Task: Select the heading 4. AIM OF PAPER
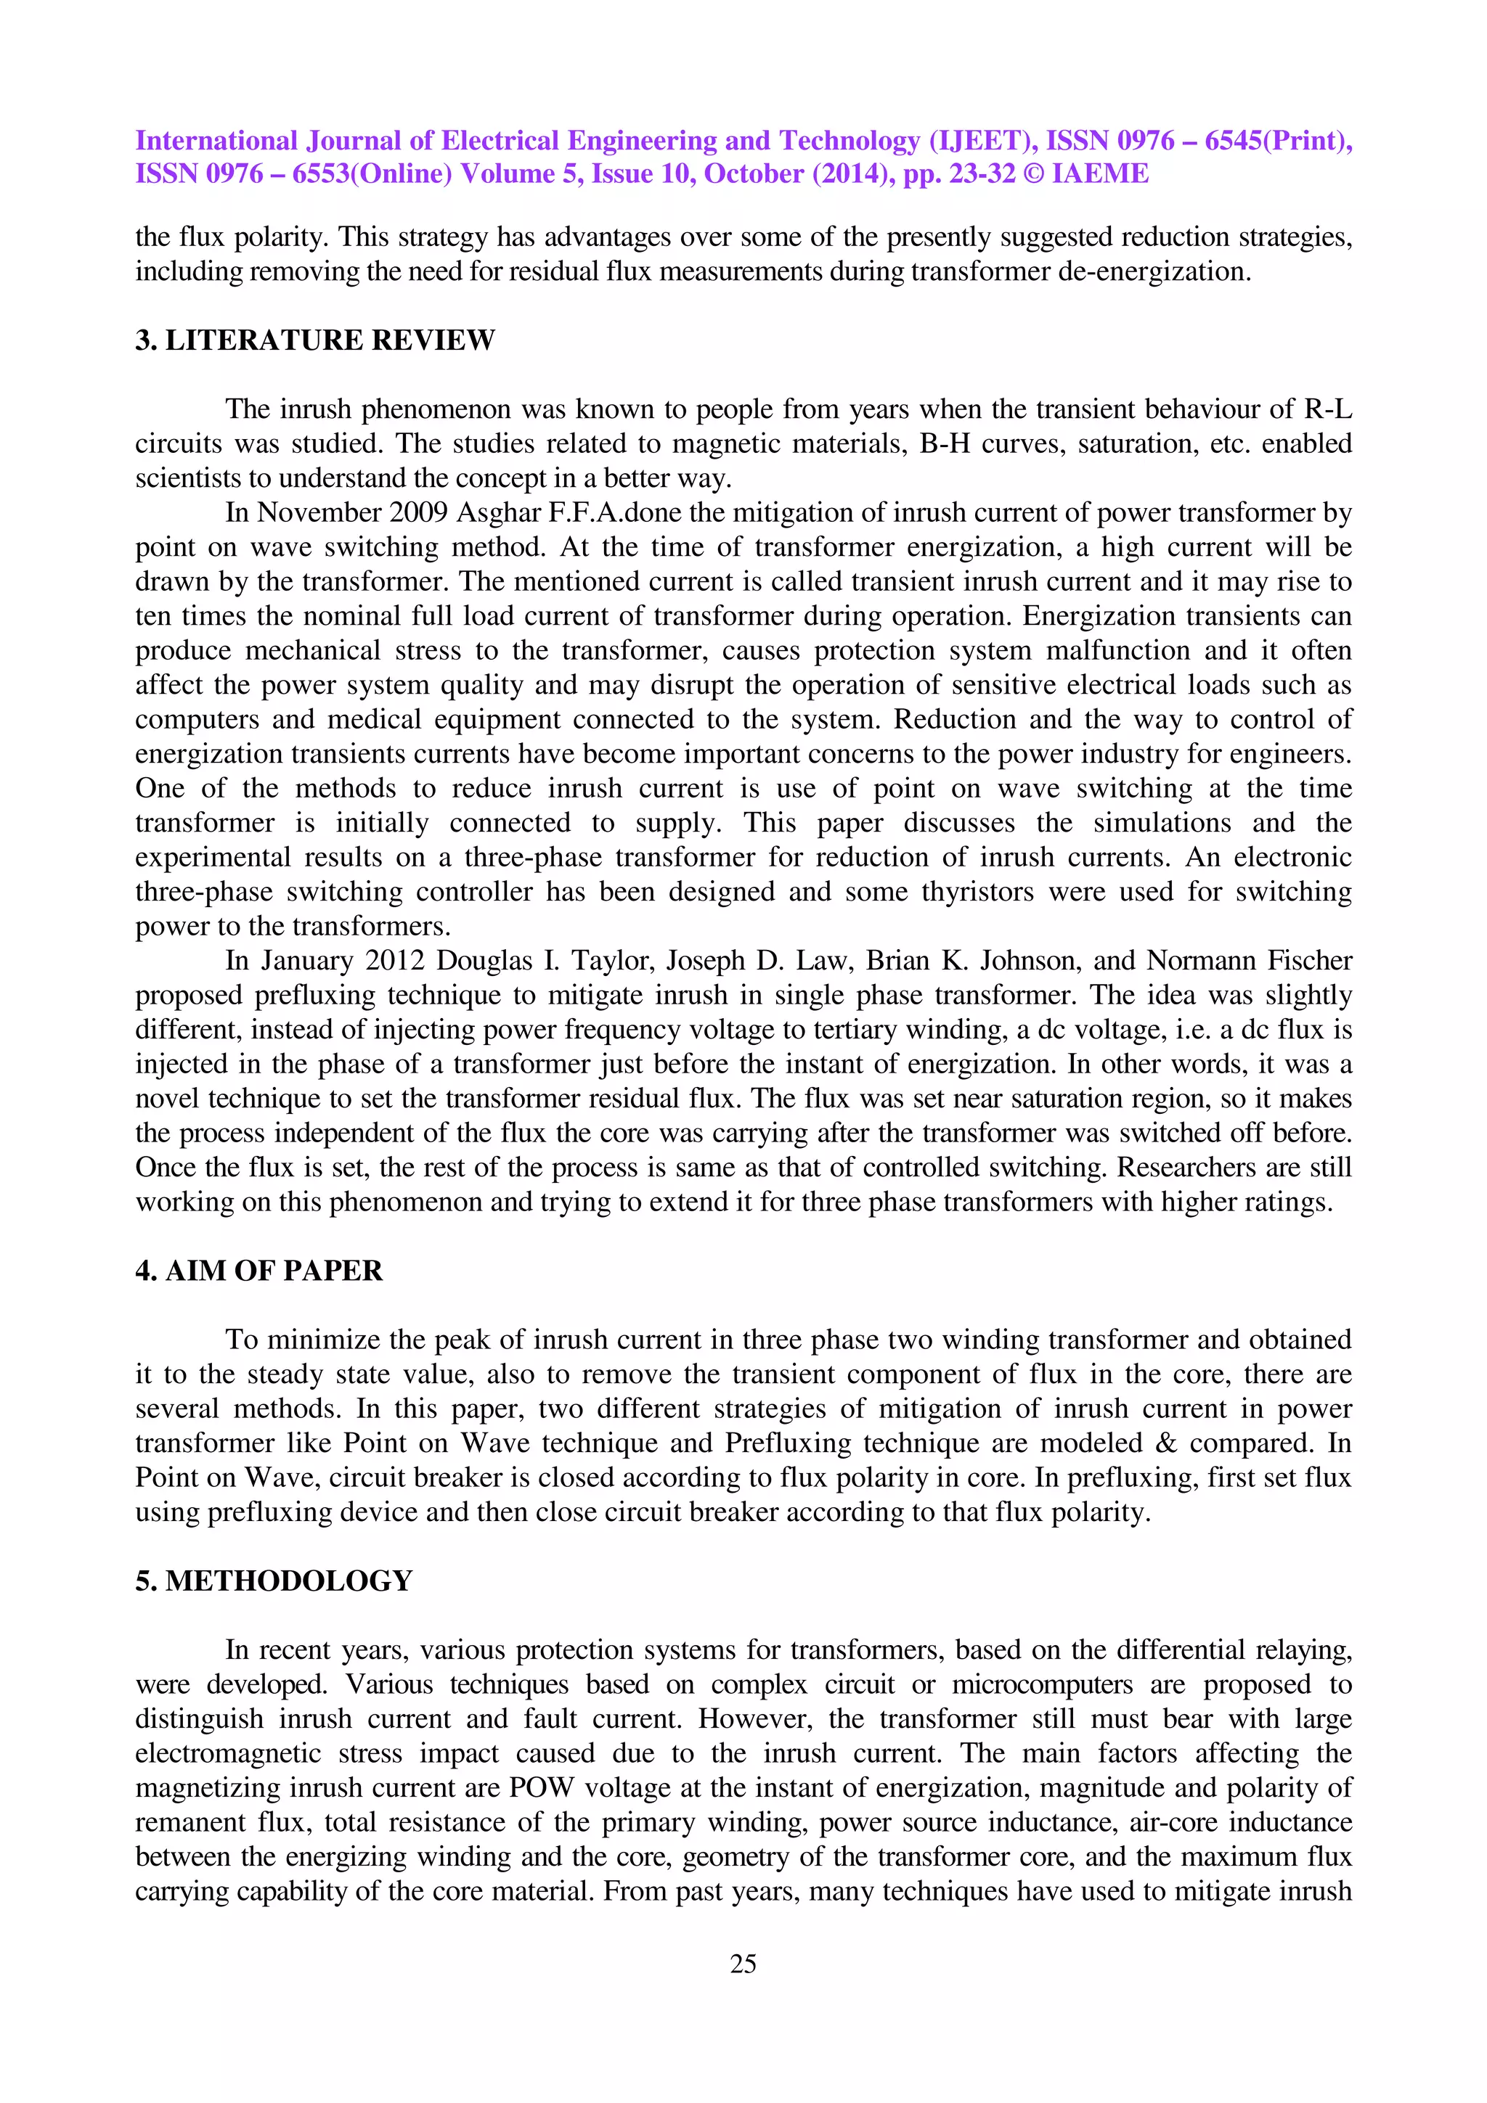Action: coord(258,1271)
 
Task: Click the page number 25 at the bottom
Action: coord(743,1964)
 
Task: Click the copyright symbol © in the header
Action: coord(1033,174)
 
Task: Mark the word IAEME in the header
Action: coord(1099,174)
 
